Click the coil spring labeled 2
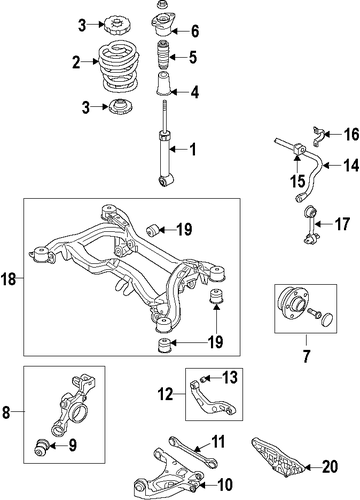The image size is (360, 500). pos(119,67)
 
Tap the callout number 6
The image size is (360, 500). pos(195,31)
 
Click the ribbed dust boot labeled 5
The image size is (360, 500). pos(163,55)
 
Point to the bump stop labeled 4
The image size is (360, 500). pos(163,84)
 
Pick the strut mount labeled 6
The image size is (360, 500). pos(162,25)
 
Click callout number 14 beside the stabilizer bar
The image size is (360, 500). pos(351,165)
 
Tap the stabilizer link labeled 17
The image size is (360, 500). pos(311,225)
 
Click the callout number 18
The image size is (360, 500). pos(9,279)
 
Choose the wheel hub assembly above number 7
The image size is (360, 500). pos(293,304)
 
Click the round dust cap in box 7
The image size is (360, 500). pos(328,319)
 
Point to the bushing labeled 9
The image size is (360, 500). pos(42,447)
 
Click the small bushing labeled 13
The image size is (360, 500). pos(204,378)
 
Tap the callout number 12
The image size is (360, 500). pos(166,394)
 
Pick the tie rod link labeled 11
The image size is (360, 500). pos(193,450)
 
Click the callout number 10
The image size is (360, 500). pos(225,485)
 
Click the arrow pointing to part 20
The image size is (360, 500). pos(313,468)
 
